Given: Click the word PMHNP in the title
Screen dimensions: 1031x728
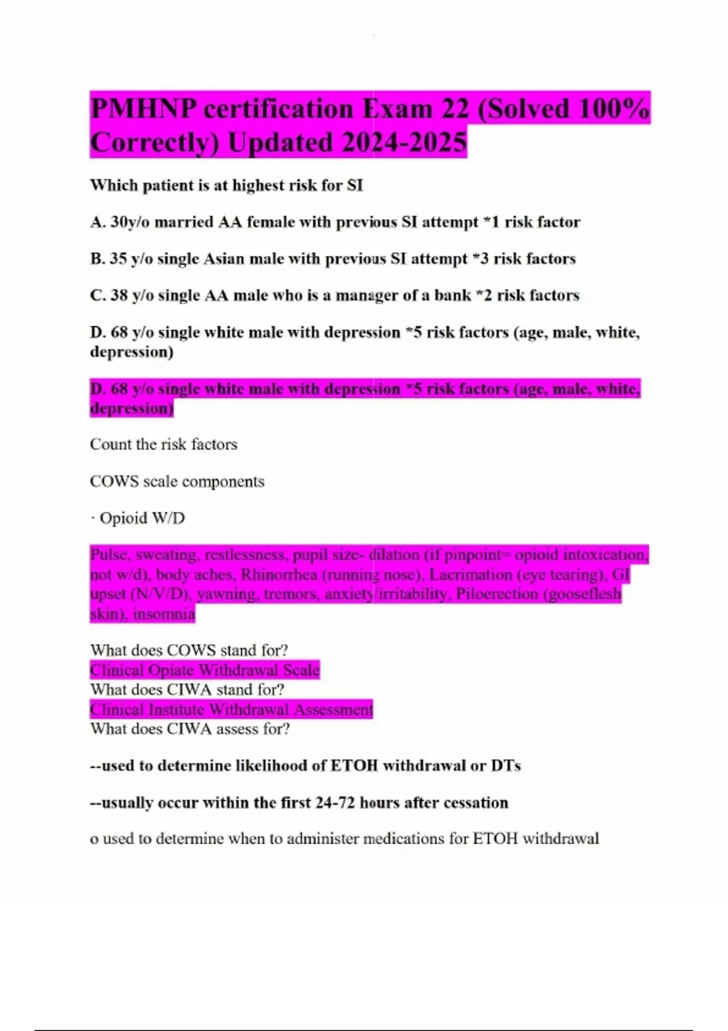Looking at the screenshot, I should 143,109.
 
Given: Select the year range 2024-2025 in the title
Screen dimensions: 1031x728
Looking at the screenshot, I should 404,143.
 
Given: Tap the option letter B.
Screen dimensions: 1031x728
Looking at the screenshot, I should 97,259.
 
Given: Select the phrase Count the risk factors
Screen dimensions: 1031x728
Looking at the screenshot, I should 163,445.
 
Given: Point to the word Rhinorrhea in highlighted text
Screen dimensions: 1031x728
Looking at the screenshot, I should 279,574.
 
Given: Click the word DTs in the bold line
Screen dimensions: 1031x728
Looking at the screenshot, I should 505,766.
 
